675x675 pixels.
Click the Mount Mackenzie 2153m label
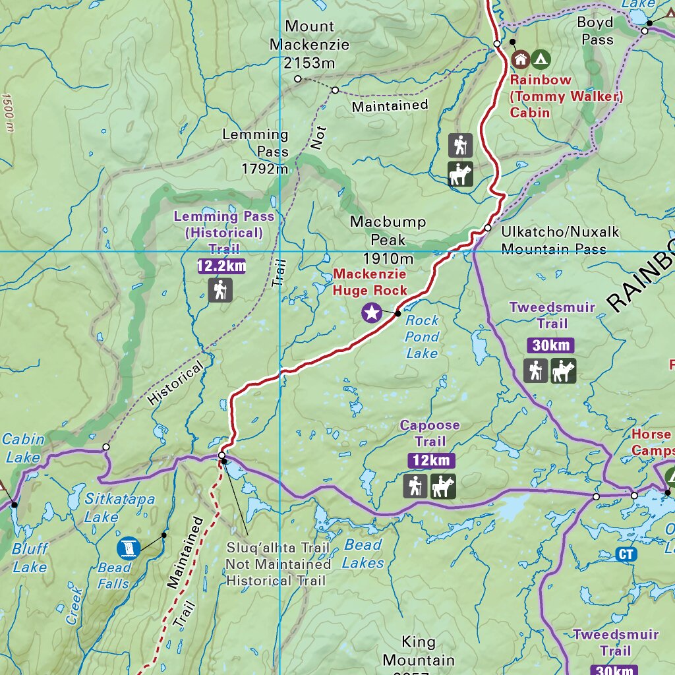(309, 45)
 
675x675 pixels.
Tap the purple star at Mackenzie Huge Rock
(372, 313)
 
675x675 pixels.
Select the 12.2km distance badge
(221, 266)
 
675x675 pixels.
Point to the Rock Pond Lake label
(422, 337)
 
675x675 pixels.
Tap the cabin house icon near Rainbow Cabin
(520, 59)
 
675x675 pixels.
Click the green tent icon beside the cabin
(541, 59)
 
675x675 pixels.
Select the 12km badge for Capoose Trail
(431, 460)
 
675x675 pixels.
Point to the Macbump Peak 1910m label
(388, 239)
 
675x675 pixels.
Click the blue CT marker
(626, 554)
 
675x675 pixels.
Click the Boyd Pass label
(595, 31)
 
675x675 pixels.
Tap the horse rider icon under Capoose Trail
(443, 486)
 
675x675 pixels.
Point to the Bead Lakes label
(363, 554)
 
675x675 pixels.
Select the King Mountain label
(419, 651)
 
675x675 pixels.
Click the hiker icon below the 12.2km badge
(220, 290)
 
